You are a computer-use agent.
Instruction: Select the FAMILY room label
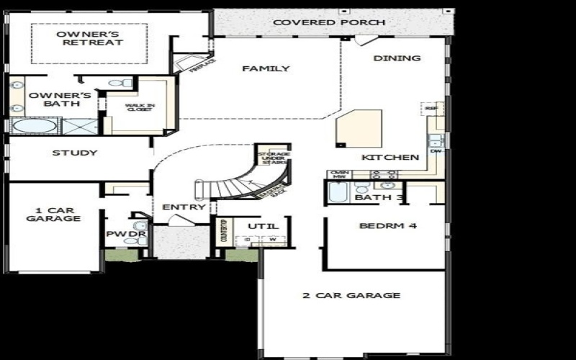(x=266, y=69)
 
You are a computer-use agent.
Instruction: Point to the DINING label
(x=397, y=58)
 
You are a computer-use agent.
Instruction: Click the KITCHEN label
(x=390, y=157)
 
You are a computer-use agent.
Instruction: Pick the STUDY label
(x=75, y=153)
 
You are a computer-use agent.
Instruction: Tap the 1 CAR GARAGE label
(x=53, y=215)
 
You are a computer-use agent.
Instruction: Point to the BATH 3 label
(x=379, y=197)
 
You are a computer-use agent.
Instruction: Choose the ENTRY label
(x=184, y=207)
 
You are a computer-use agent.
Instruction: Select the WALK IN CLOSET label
(x=139, y=108)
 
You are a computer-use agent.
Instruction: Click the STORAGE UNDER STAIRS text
(x=274, y=158)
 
